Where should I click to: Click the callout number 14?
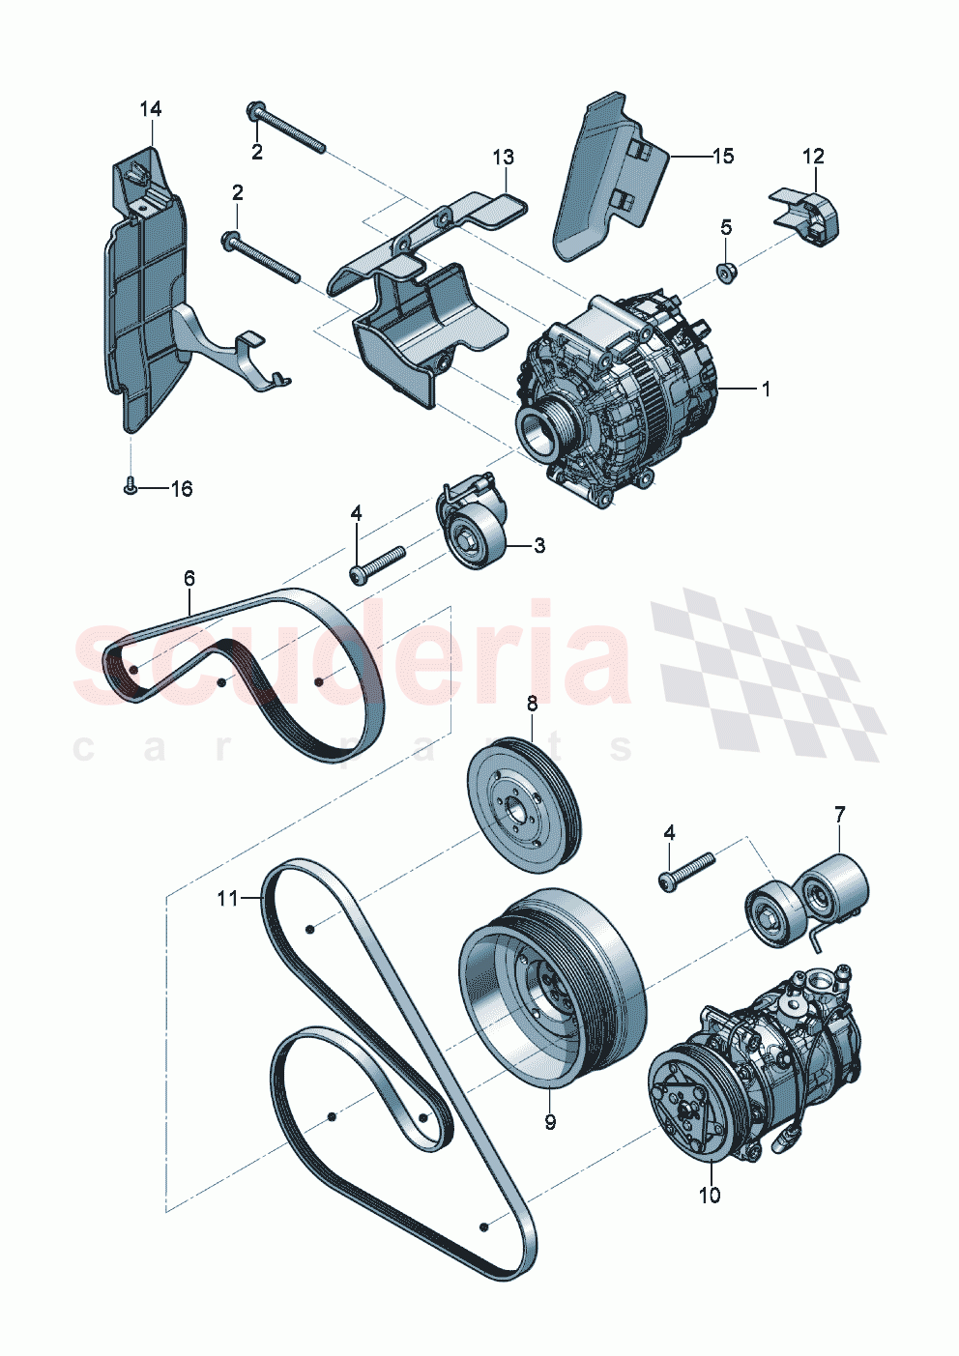click(x=150, y=109)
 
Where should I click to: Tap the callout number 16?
click(x=181, y=489)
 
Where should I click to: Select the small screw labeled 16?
click(x=130, y=488)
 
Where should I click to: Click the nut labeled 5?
click(x=727, y=273)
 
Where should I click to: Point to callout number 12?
click(x=813, y=156)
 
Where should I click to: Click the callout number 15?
click(x=723, y=156)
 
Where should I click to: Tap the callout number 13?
click(x=503, y=157)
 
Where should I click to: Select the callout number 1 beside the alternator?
click(x=766, y=389)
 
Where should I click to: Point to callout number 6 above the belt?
click(x=189, y=578)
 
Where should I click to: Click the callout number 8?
click(x=532, y=704)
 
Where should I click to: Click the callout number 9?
click(x=550, y=1122)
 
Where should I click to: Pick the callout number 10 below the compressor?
click(x=710, y=1196)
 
